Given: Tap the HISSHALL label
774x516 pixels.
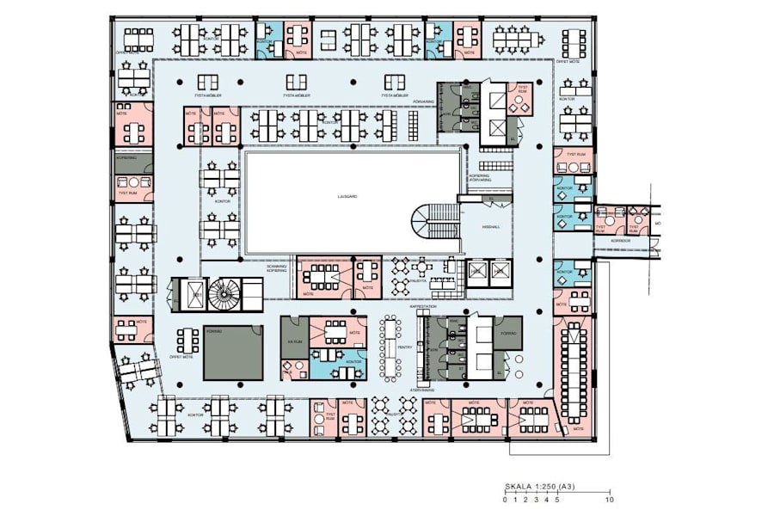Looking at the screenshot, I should [491, 227].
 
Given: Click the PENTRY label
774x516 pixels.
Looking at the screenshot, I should [405, 347].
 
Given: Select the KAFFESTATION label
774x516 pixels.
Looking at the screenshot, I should [425, 305].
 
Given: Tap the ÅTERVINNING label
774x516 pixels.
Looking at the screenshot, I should [422, 390].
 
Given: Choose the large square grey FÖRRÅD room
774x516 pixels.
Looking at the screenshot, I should [233, 352].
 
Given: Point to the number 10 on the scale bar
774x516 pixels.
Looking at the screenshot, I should [610, 500].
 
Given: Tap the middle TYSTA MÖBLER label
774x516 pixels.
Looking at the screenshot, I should [297, 95].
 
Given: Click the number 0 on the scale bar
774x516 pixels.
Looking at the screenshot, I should [505, 500].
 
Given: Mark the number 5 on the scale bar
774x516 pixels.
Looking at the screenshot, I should [557, 500].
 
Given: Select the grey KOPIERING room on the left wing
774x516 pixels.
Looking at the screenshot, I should [134, 163].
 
